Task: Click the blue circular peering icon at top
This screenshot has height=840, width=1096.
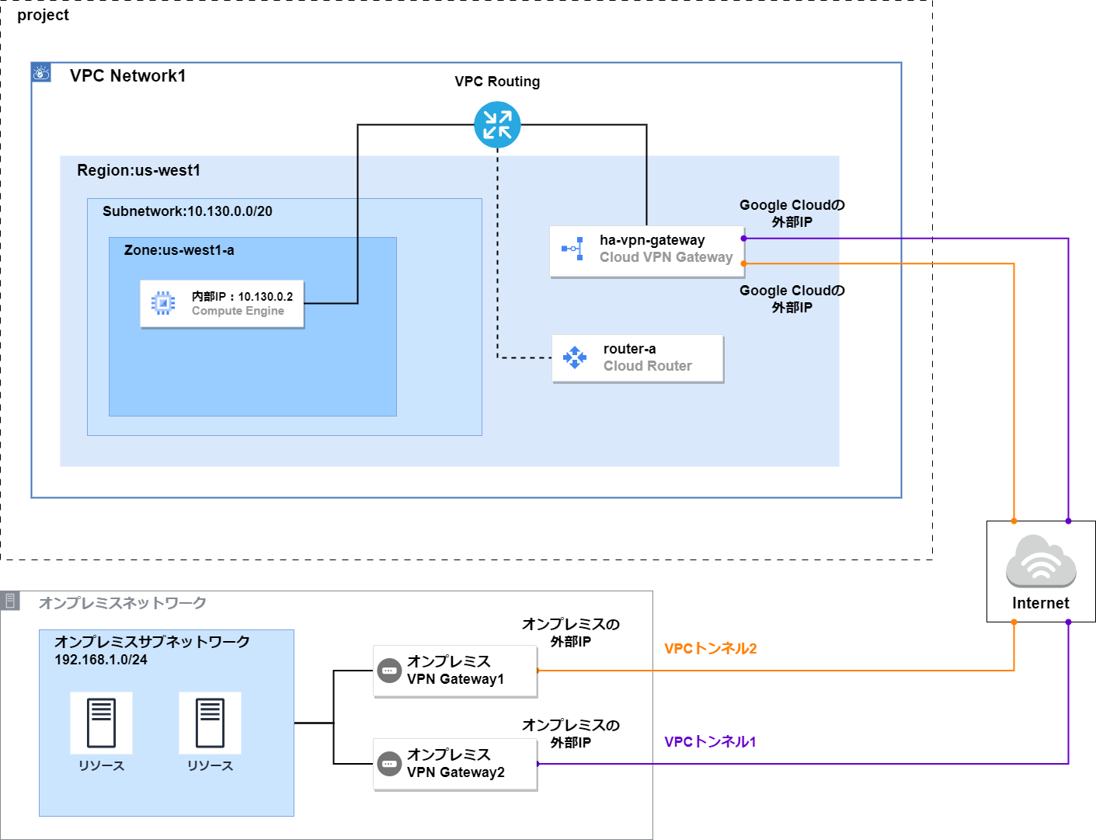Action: point(497,124)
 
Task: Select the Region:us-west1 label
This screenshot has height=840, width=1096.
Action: point(138,170)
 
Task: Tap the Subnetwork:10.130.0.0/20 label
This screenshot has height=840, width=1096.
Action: point(187,211)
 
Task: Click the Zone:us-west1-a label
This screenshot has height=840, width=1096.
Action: point(179,250)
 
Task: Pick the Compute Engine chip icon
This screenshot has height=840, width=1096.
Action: point(163,303)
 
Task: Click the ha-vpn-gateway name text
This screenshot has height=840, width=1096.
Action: point(652,240)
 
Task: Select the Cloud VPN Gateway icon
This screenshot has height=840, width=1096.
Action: point(573,249)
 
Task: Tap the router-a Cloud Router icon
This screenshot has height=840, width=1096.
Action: point(575,357)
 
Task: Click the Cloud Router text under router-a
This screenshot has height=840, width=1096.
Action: point(647,366)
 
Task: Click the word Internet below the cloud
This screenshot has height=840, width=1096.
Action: point(1040,603)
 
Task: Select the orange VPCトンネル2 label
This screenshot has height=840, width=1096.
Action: point(710,648)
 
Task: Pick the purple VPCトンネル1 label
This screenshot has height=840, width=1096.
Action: point(710,741)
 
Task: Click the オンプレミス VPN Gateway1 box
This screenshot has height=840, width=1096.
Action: point(454,670)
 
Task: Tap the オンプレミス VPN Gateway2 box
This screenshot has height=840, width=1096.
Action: point(454,763)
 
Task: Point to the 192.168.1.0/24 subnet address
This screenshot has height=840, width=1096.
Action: point(101,660)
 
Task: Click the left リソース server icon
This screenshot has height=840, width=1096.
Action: point(101,723)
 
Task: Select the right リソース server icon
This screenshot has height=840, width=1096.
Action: point(210,723)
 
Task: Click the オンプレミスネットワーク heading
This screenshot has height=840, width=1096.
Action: point(123,603)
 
